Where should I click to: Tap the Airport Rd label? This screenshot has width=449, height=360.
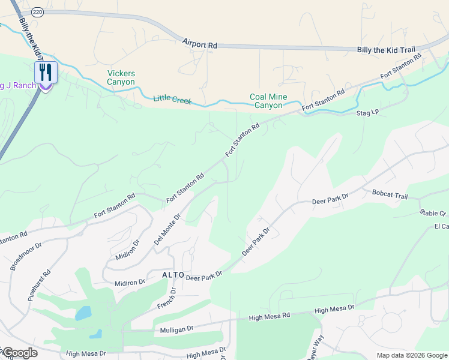coord(200,45)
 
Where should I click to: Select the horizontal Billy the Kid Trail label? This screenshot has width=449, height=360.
coord(385,50)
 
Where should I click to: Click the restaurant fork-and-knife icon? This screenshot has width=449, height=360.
coord(46,73)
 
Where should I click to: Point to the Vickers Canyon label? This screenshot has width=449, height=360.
coord(121,77)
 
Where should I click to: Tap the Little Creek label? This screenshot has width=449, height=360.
coord(172,100)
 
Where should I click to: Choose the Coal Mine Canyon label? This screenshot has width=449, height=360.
coord(268,101)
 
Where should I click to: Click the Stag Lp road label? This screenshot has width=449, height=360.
coord(368,112)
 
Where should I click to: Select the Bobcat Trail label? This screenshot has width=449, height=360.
coord(390,196)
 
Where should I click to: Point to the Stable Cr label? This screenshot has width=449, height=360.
coord(433,213)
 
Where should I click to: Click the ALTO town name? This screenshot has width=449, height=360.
coord(172,275)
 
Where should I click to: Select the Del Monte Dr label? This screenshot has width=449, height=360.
coord(167,229)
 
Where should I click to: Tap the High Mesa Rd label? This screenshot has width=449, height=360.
coord(270,315)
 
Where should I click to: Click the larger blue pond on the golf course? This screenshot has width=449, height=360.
coord(83,313)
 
